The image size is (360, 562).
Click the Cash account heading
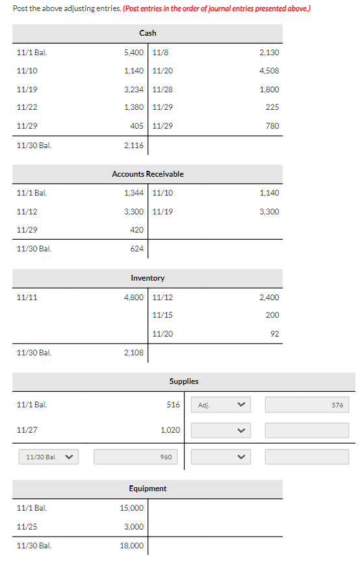tap(148, 33)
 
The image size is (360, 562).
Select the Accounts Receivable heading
tap(148, 174)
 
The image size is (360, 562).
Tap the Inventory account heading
tap(148, 278)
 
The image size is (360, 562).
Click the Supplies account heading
tap(184, 381)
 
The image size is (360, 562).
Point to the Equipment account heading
tap(148, 489)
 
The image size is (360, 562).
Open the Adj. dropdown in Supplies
tap(220, 405)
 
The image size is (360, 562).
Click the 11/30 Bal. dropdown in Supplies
tap(48, 457)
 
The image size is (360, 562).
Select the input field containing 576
tap(307, 405)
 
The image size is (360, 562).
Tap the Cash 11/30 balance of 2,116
tap(134, 146)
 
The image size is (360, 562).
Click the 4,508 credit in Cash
tap(269, 71)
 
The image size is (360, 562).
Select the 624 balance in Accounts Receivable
tap(137, 249)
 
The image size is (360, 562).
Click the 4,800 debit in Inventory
tap(134, 297)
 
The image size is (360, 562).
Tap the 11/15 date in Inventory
tap(162, 315)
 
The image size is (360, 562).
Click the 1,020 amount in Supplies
tap(170, 430)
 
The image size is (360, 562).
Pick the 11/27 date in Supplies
tap(27, 430)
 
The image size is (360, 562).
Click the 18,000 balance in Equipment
tap(133, 546)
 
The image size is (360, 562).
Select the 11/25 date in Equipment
tap(27, 527)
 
